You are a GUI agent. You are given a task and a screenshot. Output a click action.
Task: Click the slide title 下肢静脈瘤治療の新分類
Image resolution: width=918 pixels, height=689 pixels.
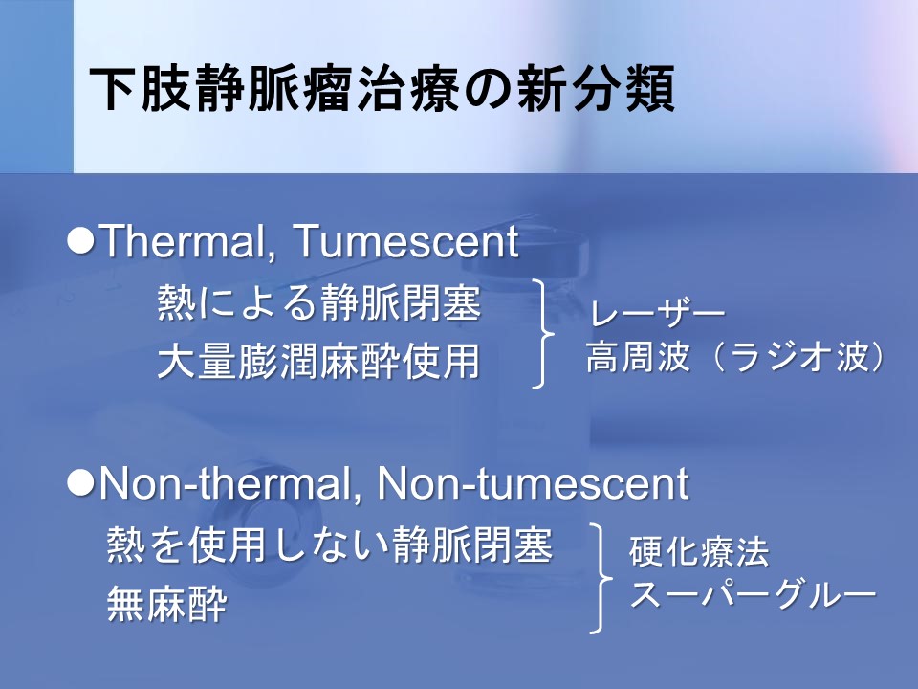382,88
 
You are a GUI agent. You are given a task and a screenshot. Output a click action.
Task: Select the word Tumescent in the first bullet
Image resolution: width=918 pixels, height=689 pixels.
405,241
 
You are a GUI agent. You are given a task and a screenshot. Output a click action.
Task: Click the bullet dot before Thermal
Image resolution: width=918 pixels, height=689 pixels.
80,240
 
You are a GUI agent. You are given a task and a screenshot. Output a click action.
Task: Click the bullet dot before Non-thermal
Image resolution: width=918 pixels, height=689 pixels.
80,483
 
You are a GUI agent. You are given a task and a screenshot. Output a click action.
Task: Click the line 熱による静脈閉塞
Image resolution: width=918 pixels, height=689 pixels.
319,302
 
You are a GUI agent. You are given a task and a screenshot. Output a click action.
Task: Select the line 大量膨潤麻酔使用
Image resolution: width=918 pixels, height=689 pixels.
319,361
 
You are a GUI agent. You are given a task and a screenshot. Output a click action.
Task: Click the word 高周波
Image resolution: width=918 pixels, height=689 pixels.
638,356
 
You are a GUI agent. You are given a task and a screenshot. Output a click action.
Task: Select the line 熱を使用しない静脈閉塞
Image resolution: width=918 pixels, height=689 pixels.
330,545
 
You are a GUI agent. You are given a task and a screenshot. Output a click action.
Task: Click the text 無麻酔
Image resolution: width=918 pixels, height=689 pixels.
166,604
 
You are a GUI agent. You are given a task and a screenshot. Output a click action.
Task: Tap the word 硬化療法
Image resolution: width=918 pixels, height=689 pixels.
699,551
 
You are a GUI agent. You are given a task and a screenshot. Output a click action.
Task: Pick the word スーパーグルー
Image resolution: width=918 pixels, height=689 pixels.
753,594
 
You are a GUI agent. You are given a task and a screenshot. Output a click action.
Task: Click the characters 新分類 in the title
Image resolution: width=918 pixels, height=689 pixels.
596,88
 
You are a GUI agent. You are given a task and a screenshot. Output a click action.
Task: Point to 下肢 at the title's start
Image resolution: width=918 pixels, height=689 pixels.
142,88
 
